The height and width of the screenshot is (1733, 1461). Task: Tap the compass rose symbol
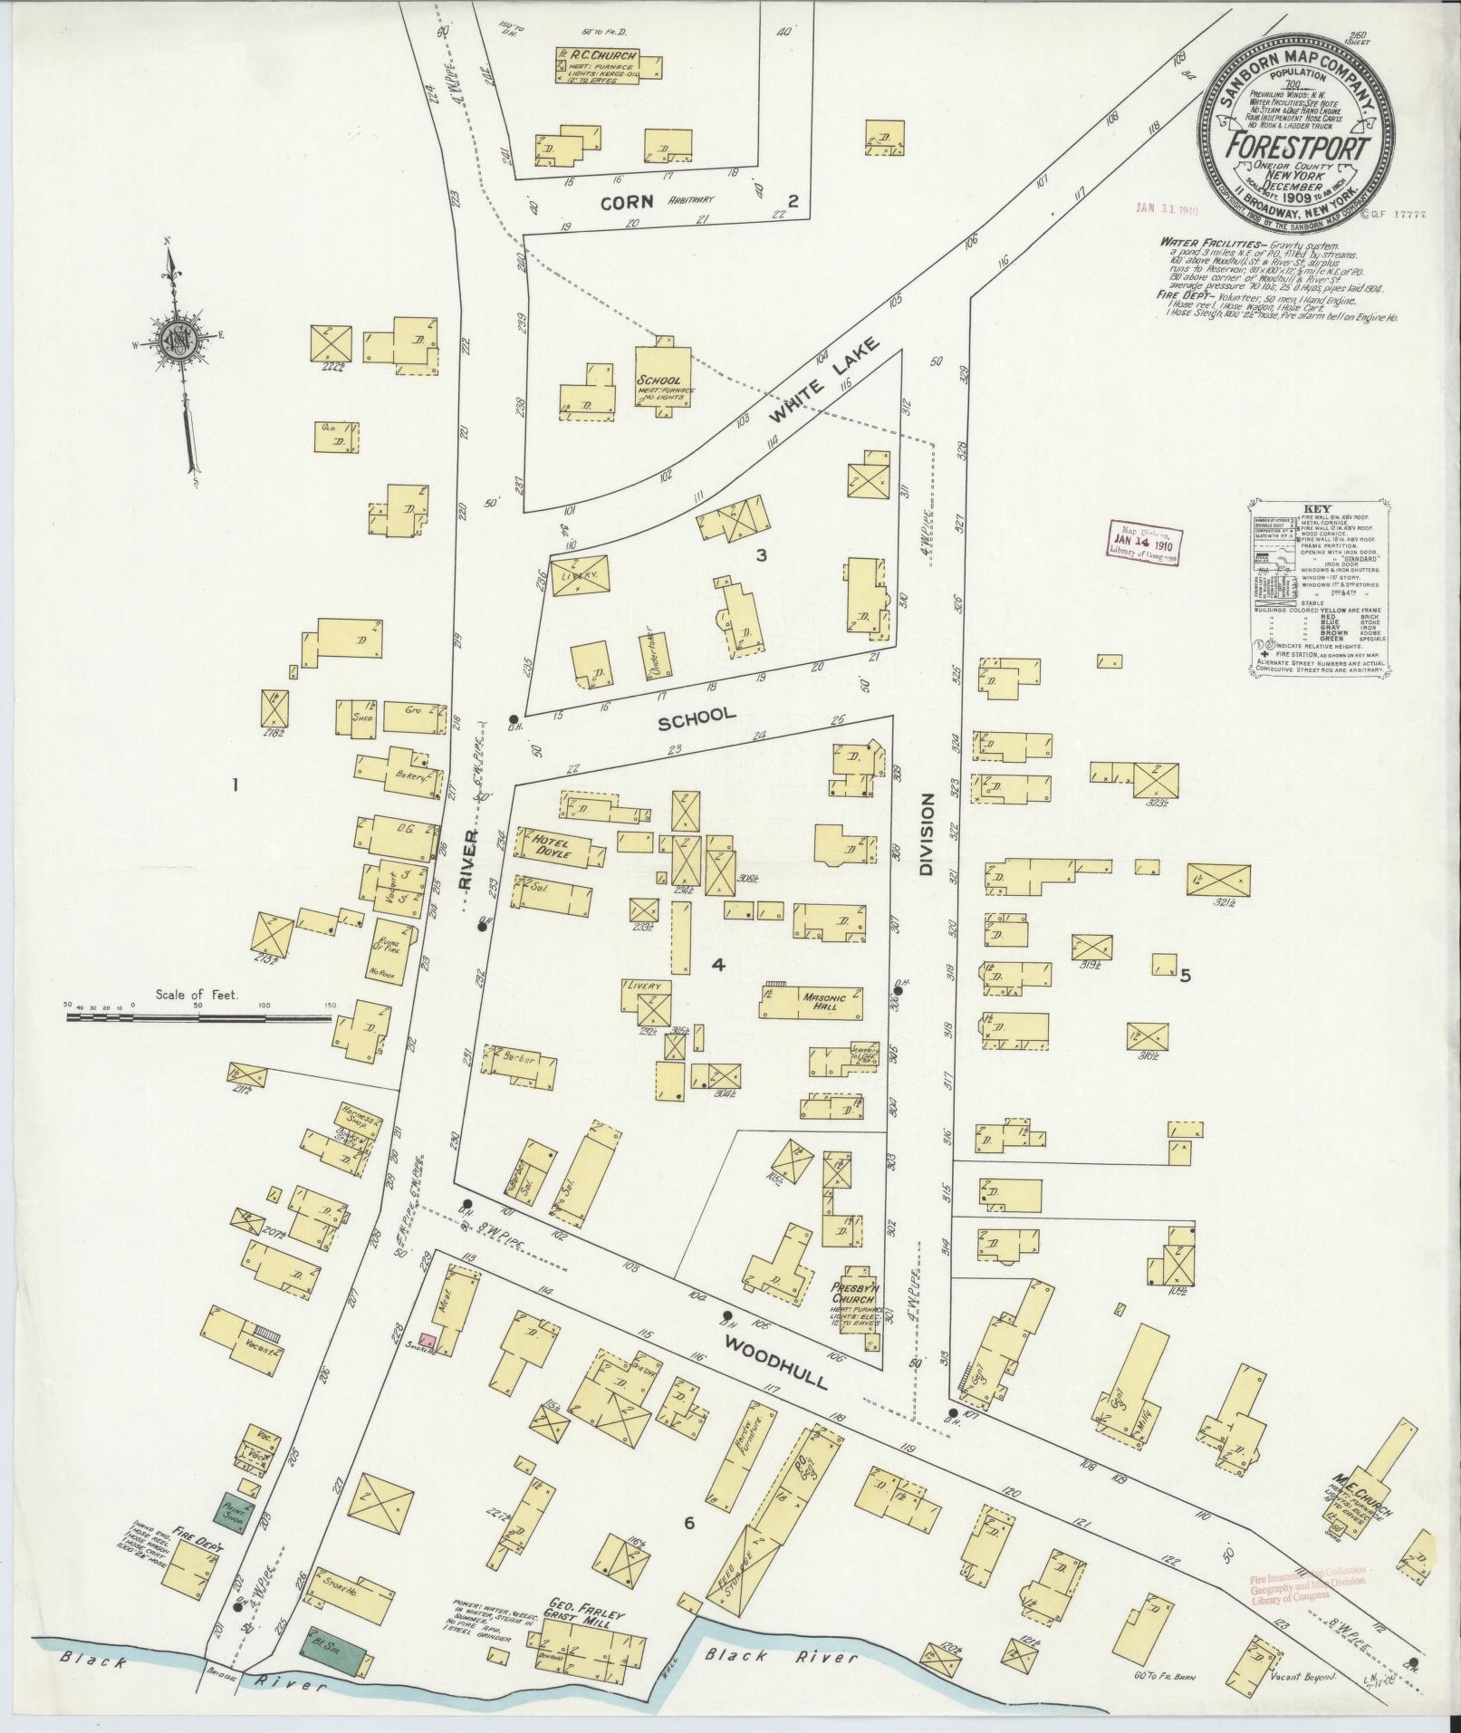pyautogui.click(x=184, y=343)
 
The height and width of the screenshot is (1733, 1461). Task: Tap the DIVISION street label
pyautogui.click(x=927, y=834)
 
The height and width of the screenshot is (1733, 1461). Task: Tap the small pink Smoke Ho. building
pyautogui.click(x=428, y=1341)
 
